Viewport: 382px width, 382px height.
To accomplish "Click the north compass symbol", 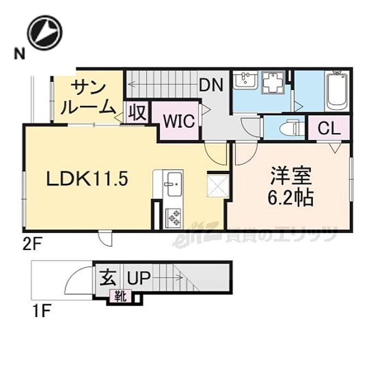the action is (45, 32).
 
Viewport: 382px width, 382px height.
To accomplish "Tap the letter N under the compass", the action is (20, 53).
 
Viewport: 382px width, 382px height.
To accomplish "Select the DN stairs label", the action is (211, 85).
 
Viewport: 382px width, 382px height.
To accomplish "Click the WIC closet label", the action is (179, 121).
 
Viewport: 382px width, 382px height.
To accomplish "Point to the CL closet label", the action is (329, 128).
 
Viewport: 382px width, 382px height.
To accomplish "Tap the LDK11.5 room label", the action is (87, 179).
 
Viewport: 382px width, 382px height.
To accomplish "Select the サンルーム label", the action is (87, 98).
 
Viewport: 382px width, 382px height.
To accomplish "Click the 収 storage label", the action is (137, 112).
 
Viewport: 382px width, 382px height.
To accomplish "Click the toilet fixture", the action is (290, 128).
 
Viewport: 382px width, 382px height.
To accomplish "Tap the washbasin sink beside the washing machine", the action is (245, 80).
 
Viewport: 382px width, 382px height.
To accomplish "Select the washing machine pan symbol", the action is (273, 82).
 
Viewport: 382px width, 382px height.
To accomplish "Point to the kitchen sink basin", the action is (174, 184).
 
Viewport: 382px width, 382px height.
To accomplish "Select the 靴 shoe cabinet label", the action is (121, 297).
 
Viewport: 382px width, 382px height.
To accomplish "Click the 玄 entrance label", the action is (108, 278).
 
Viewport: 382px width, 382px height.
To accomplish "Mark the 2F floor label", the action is (33, 246).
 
